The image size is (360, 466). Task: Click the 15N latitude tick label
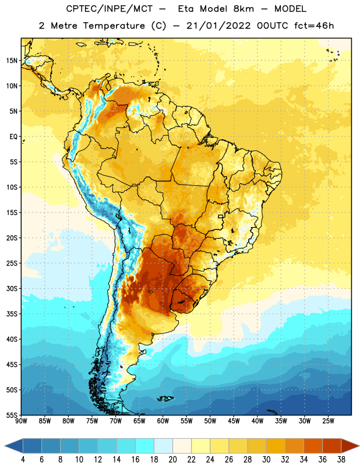[x=12, y=61]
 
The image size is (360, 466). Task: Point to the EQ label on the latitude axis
[x=13, y=137]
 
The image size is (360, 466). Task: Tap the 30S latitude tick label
[x=12, y=288]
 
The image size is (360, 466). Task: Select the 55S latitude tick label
[x=12, y=415]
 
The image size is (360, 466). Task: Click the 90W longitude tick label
[x=21, y=421]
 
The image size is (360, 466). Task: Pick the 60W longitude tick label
[x=163, y=421]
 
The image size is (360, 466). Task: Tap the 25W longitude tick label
[x=328, y=421]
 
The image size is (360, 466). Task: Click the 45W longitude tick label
[x=234, y=421]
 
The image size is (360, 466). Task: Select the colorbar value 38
[x=341, y=460]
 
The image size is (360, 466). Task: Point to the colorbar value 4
[x=23, y=460]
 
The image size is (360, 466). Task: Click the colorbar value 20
[x=172, y=460]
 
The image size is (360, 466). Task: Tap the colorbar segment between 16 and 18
[x=145, y=446]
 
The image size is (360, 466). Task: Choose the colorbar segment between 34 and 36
[x=313, y=446]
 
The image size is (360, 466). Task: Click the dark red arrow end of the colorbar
[x=350, y=446]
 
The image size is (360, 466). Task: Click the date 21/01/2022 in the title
[x=218, y=26]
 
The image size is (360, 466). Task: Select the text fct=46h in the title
[x=314, y=26]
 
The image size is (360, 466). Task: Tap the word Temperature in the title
[x=114, y=26]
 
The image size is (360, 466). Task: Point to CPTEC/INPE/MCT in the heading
[x=109, y=9]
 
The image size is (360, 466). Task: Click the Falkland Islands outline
[x=165, y=398]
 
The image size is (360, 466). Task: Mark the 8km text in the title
[x=243, y=9]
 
